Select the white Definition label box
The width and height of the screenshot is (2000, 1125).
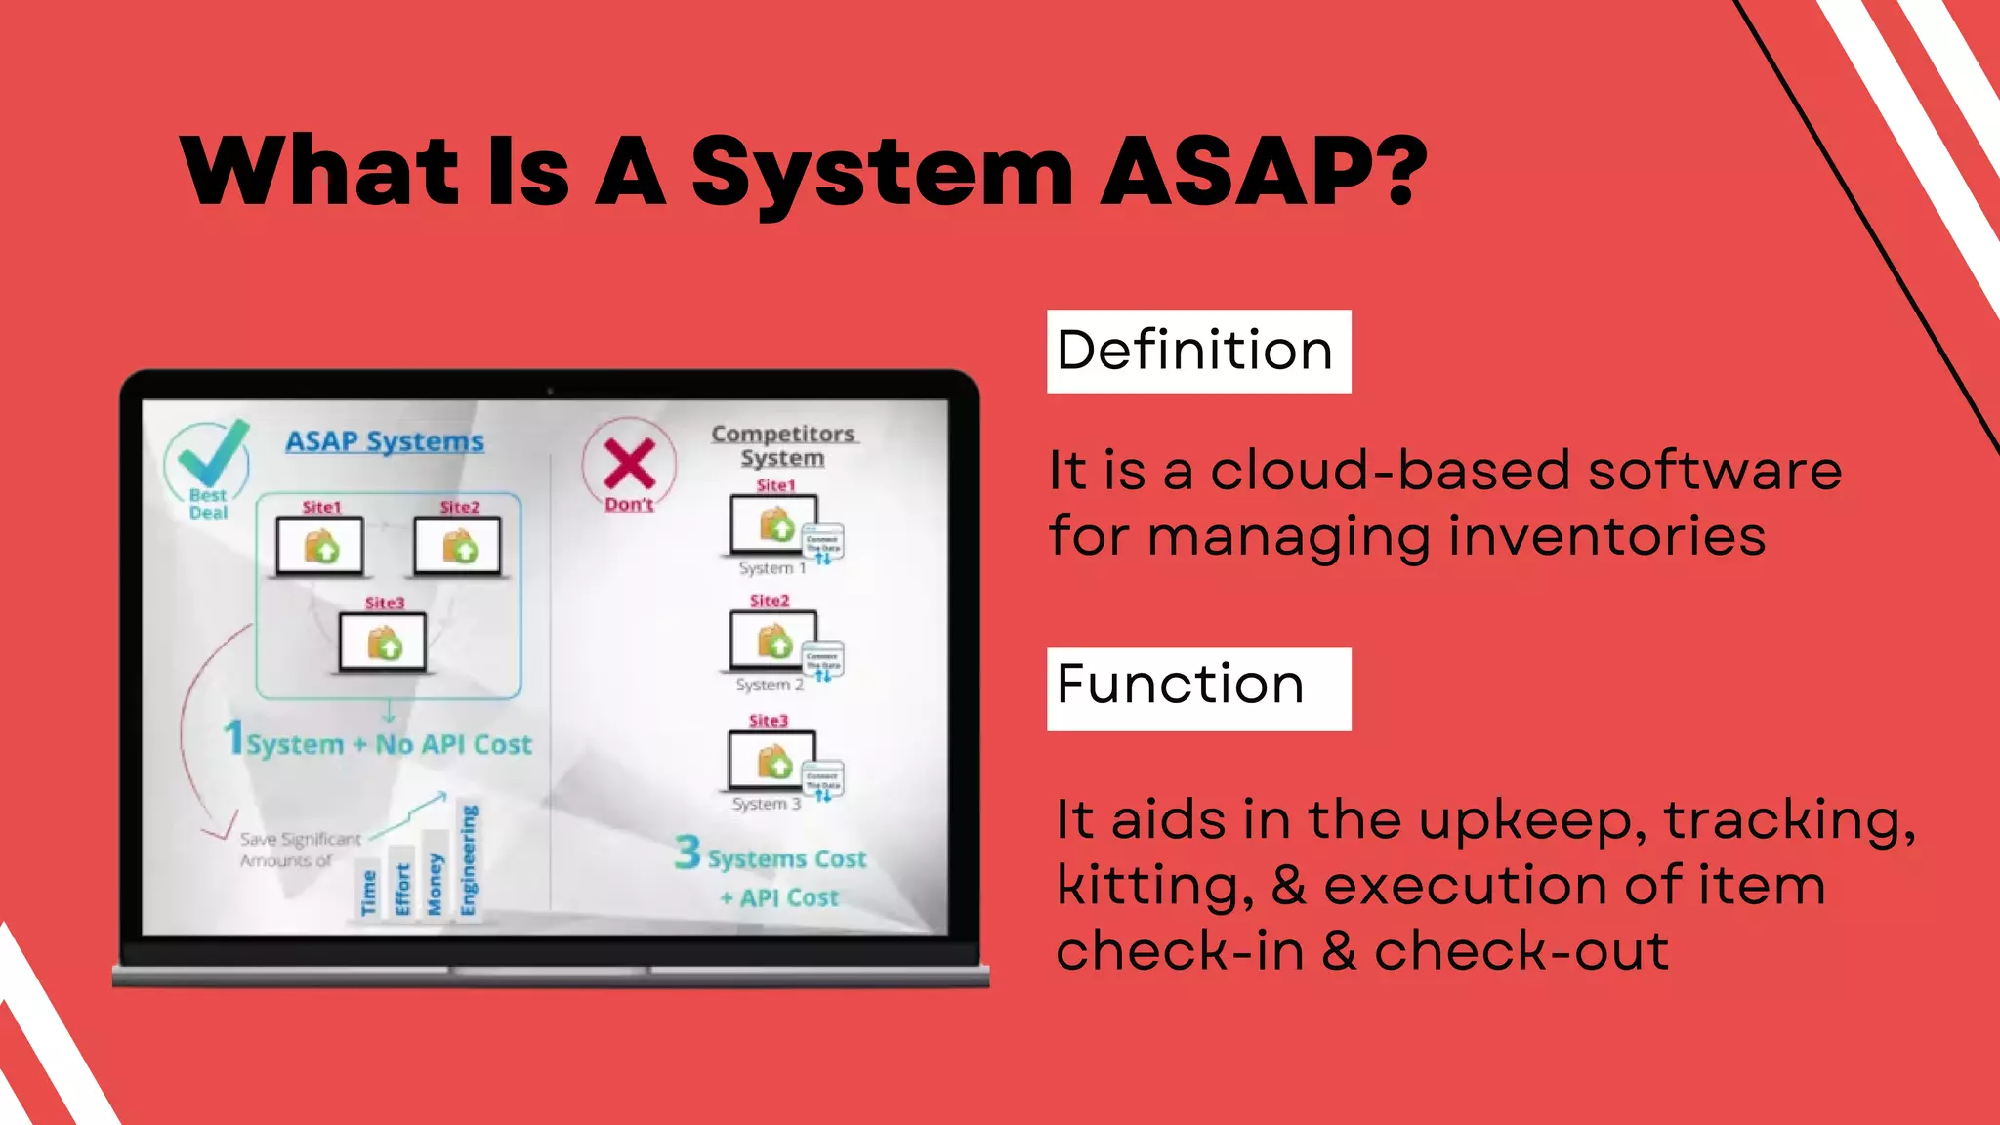(x=1198, y=352)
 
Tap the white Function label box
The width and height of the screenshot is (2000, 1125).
(x=1198, y=688)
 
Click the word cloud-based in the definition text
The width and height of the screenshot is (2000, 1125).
(x=1389, y=471)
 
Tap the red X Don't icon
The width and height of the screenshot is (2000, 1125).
(x=629, y=464)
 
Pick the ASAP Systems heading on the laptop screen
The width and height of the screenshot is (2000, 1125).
(x=385, y=441)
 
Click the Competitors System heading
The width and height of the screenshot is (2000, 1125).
(x=783, y=445)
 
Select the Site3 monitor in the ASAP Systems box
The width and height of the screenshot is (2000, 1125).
(x=383, y=643)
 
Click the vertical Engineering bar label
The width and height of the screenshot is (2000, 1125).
(x=469, y=860)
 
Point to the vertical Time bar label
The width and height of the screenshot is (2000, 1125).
(x=368, y=893)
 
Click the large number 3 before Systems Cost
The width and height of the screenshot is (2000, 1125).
(x=687, y=852)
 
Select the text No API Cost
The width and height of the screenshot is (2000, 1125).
(x=454, y=745)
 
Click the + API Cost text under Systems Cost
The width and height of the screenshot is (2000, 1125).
(x=779, y=898)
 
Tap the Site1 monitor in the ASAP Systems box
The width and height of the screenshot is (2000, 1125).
(x=320, y=546)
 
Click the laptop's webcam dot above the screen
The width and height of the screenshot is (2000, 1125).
(x=550, y=391)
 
